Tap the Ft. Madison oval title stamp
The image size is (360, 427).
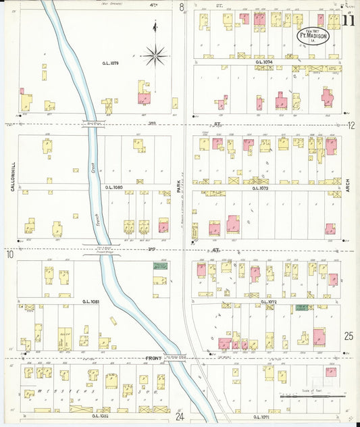[315, 36]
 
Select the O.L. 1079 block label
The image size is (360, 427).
[111, 63]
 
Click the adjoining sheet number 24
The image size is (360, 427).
[180, 417]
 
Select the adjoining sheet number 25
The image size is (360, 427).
[349, 336]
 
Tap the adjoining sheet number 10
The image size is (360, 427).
[10, 255]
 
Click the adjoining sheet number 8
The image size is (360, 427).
[182, 7]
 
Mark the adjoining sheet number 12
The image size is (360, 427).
[351, 126]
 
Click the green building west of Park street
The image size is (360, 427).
[160, 266]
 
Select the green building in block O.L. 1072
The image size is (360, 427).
[302, 307]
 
